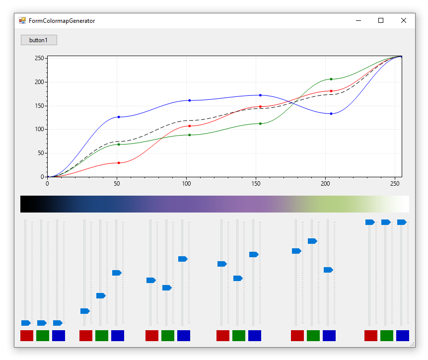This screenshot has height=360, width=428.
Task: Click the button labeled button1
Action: [39, 40]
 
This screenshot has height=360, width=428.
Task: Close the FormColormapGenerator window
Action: [403, 20]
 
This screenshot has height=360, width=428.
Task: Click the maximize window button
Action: [381, 20]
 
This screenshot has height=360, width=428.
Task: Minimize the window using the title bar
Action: [358, 20]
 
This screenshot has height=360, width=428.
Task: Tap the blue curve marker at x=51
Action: [119, 117]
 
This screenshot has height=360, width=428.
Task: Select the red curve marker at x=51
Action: [119, 163]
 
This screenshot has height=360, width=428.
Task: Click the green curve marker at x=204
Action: [331, 79]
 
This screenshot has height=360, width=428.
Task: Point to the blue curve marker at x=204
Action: [331, 114]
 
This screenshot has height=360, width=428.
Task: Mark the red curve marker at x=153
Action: [260, 107]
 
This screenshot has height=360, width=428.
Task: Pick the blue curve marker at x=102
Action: [190, 100]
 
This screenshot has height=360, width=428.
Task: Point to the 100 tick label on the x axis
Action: [187, 183]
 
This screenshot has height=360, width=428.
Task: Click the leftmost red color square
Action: [27, 336]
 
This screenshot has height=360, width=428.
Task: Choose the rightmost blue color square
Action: [402, 336]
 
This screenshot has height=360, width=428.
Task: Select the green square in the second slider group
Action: [102, 336]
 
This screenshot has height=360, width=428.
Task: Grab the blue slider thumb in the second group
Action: [117, 273]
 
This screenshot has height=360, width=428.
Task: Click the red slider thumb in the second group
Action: [85, 311]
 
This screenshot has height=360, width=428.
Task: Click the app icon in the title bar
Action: [22, 21]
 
